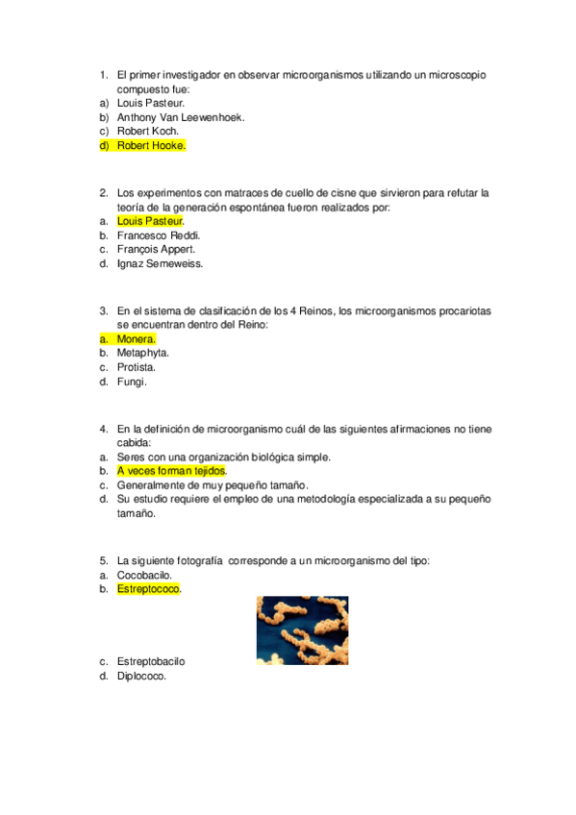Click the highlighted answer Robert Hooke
150,146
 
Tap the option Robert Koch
147,132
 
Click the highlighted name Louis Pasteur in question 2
149,221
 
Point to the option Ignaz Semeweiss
160,264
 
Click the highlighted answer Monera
136,339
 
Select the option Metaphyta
143,354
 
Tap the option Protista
137,368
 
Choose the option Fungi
132,383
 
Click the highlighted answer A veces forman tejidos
171,472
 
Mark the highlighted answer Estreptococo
149,589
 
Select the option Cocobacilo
144,575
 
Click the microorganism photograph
302,630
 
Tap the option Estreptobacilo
151,662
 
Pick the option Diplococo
141,677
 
